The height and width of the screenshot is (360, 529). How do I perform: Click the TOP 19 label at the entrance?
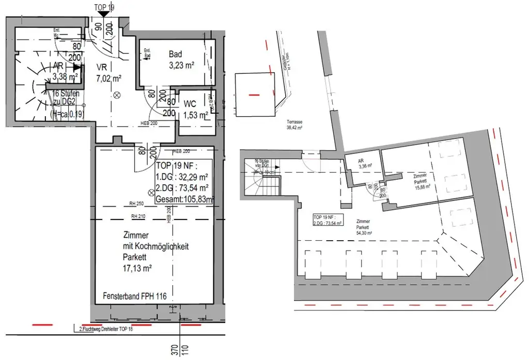click(104, 7)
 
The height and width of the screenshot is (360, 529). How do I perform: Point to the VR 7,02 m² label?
click(108, 73)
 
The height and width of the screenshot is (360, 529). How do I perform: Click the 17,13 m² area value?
click(137, 268)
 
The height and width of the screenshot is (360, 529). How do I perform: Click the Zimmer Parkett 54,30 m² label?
click(364, 226)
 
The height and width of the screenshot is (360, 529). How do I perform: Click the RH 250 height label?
click(136, 203)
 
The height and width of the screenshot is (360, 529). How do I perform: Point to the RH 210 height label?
click(136, 216)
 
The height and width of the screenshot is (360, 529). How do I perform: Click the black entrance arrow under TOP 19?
click(104, 14)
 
